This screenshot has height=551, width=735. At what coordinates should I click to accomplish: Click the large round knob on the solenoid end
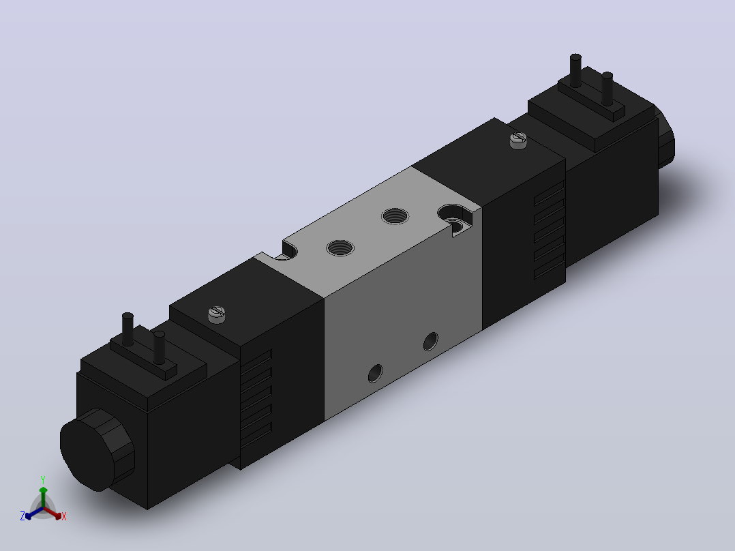pos(97,449)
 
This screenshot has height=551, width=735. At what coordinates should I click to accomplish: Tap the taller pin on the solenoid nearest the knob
pos(127,329)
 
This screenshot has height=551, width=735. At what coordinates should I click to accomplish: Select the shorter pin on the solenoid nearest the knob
pos(160,348)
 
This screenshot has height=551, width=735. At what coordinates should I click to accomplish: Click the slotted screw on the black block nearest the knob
pos(217,314)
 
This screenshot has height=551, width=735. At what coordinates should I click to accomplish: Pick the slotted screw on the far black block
pos(518,140)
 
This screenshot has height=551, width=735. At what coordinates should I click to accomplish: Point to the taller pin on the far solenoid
pos(575,70)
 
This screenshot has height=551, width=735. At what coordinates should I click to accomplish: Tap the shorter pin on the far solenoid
pos(607,89)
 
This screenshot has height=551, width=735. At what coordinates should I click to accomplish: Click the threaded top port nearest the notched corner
pos(340,248)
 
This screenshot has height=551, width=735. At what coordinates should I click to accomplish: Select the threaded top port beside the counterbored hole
pos(395,216)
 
